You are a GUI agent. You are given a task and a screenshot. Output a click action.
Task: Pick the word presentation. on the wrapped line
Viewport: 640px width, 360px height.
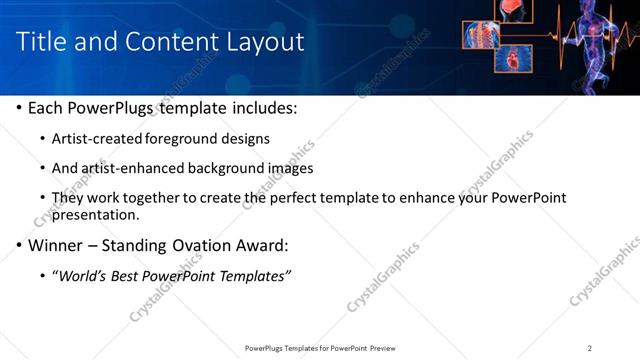(95, 214)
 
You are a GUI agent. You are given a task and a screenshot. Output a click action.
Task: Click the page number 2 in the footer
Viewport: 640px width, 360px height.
(590, 348)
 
